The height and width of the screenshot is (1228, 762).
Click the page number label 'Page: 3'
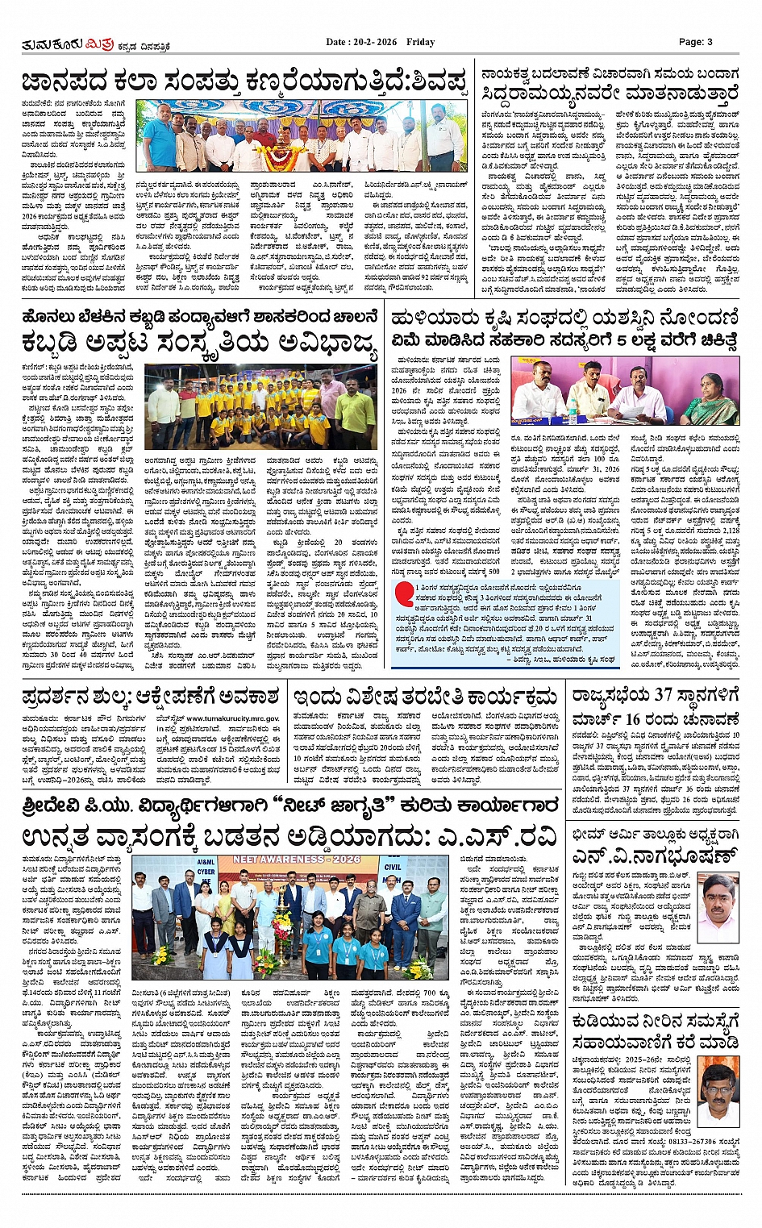pos(695,42)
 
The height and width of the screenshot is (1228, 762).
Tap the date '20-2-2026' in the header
pos(375,42)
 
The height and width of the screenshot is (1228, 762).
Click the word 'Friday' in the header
pos(421,42)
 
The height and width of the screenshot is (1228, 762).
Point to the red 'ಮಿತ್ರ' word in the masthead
pos(100,43)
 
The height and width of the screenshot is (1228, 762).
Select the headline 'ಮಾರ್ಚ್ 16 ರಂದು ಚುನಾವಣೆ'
pos(655,719)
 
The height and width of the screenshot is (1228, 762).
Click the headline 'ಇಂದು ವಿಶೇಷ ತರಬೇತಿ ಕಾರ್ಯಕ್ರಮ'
pos(426,697)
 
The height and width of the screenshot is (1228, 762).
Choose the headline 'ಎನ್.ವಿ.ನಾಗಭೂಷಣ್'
pos(655,856)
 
